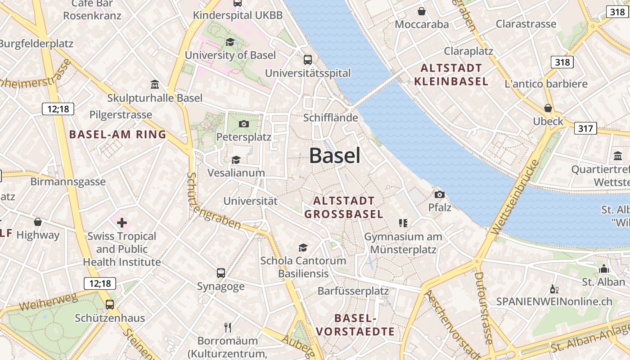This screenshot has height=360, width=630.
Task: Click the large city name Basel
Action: [x=335, y=156]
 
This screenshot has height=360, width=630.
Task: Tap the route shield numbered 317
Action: [x=585, y=129]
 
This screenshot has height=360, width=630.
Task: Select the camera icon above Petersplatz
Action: [x=244, y=124]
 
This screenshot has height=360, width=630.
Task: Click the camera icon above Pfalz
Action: [x=440, y=194]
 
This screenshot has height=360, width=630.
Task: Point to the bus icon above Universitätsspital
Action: [x=308, y=59]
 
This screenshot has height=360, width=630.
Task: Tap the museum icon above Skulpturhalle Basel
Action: [x=155, y=84]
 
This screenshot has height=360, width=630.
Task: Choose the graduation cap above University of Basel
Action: [x=230, y=42]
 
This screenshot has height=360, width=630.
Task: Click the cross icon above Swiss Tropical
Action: [x=121, y=222]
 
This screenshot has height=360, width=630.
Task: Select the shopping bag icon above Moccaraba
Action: [x=422, y=11]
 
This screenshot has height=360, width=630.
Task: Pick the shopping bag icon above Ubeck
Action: [x=548, y=108]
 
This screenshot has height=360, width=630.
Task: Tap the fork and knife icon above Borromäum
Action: [x=228, y=327]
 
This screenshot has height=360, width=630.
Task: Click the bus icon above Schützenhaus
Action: [x=110, y=304]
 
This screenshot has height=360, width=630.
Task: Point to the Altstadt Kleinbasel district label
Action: [x=451, y=75]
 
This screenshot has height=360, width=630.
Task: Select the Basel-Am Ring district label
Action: [x=118, y=134]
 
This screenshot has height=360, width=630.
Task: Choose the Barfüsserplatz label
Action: [x=353, y=291]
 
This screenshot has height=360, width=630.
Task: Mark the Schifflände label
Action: [x=331, y=118]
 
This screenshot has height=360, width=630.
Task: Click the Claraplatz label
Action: [x=468, y=51]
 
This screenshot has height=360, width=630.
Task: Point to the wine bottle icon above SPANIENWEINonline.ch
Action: [x=554, y=289]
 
